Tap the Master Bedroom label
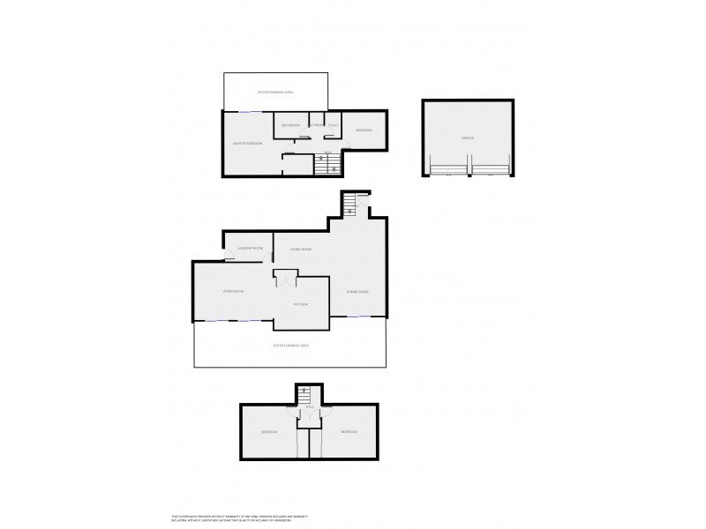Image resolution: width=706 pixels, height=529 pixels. point(248,143)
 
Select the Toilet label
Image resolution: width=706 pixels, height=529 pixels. point(334,125)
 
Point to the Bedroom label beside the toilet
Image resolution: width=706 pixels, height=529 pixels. point(364,130)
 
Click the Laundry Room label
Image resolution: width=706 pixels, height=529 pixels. point(251,249)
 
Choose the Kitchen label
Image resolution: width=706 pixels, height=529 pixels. point(300,304)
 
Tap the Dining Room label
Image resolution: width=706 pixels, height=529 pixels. point(357,291)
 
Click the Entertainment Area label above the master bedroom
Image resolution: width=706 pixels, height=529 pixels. point(275,92)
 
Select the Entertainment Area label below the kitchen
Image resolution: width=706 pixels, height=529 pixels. point(290,346)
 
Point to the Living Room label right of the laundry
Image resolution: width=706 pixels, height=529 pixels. point(301,250)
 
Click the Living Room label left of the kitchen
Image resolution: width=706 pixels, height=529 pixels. point(233,291)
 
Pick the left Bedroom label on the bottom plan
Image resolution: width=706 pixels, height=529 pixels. point(269,432)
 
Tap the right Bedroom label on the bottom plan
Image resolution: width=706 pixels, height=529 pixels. point(349,432)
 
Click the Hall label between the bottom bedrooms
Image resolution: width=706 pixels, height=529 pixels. point(309,407)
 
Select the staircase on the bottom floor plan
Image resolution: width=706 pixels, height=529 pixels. point(304,399)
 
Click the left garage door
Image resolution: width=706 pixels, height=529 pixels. point(449,168)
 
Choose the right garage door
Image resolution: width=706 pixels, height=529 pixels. point(491,168)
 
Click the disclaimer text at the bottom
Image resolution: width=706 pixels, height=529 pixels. point(239,519)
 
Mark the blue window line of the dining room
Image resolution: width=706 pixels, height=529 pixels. point(357,316)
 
